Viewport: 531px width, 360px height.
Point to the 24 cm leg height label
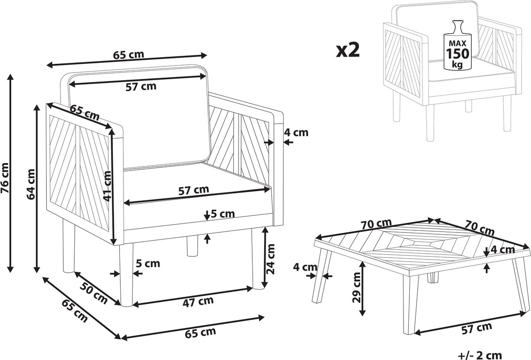click(x=270, y=259)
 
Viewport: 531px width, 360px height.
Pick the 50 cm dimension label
click(x=93, y=294)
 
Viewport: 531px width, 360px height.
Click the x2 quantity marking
click(x=348, y=50)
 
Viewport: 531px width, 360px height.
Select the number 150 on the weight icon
click(x=458, y=54)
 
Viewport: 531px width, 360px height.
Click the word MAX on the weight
click(x=458, y=43)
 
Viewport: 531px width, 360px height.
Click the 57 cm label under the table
click(x=477, y=329)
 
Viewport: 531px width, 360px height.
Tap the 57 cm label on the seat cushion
click(x=194, y=190)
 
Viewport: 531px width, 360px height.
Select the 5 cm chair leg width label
click(x=148, y=264)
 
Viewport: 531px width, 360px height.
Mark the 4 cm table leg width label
click(x=305, y=267)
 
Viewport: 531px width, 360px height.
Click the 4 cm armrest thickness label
click(x=296, y=132)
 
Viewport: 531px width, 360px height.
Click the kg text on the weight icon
click(x=457, y=64)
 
